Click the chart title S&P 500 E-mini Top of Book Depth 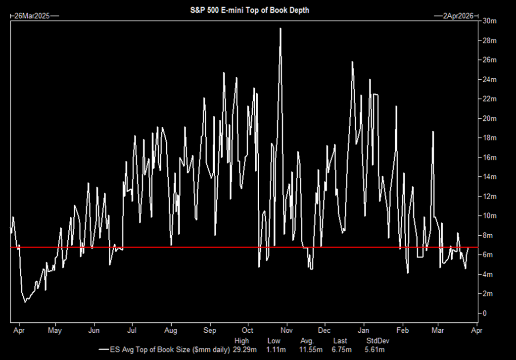pyautogui.click(x=250, y=10)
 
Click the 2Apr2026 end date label pyautogui.click(x=456, y=16)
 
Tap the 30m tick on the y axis pyautogui.click(x=490, y=21)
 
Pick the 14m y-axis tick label pyautogui.click(x=490, y=177)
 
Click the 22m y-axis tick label pyautogui.click(x=490, y=99)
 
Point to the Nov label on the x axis pyautogui.click(x=286, y=330)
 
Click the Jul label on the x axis pyautogui.click(x=132, y=330)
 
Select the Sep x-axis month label pyautogui.click(x=210, y=330)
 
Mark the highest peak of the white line pyautogui.click(x=281, y=28)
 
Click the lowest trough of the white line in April pyautogui.click(x=25, y=302)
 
